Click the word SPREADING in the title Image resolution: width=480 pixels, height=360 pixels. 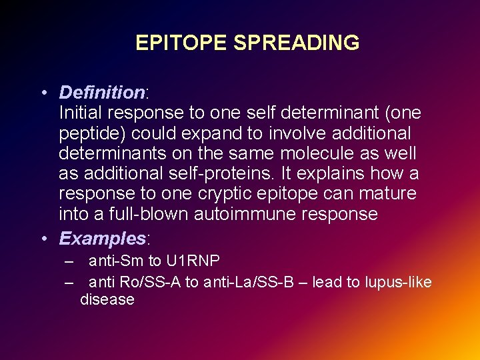(x=296, y=43)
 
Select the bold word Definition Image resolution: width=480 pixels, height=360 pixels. (x=101, y=92)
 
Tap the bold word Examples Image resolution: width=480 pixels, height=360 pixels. (x=102, y=238)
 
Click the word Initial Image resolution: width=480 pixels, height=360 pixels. (x=81, y=113)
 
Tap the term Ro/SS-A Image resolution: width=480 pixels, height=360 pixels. (x=151, y=282)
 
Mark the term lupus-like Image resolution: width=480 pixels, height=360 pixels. (x=398, y=282)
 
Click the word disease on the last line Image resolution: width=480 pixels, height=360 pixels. (x=107, y=300)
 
